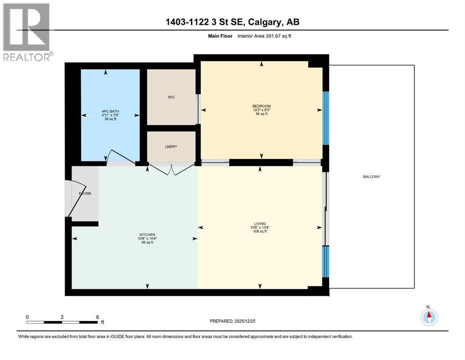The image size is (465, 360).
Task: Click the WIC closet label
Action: click(171, 97)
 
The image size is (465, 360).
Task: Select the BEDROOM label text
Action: click(261, 106)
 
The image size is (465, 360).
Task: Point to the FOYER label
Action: click(84, 193)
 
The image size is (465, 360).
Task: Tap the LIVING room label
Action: click(259, 224)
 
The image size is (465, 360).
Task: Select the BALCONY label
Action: click(371, 177)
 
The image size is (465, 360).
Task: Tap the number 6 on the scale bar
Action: click(96, 317)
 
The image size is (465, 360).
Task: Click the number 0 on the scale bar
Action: click(27, 317)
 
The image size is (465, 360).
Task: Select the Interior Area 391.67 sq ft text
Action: click(257, 36)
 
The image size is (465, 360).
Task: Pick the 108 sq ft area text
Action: click(259, 231)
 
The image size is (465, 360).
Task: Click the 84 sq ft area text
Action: click(261, 114)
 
